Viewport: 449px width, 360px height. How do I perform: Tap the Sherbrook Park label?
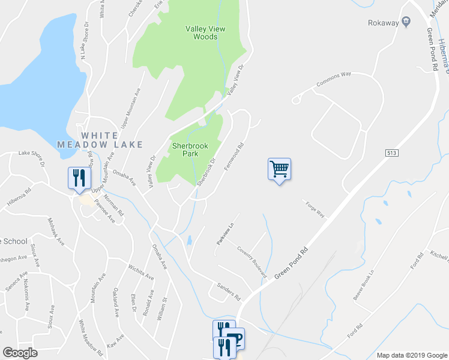[x=190, y=149]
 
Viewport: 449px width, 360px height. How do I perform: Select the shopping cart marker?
[x=279, y=169]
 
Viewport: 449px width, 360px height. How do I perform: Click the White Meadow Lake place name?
[x=100, y=140]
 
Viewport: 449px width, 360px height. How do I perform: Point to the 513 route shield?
[x=391, y=154]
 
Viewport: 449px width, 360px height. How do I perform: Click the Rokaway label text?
[x=383, y=23]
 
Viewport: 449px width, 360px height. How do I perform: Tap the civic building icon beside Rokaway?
[x=406, y=22]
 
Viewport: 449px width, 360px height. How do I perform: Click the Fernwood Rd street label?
[x=235, y=155]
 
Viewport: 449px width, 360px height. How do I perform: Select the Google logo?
[x=19, y=353]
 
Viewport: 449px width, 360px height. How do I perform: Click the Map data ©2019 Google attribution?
[x=412, y=355]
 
